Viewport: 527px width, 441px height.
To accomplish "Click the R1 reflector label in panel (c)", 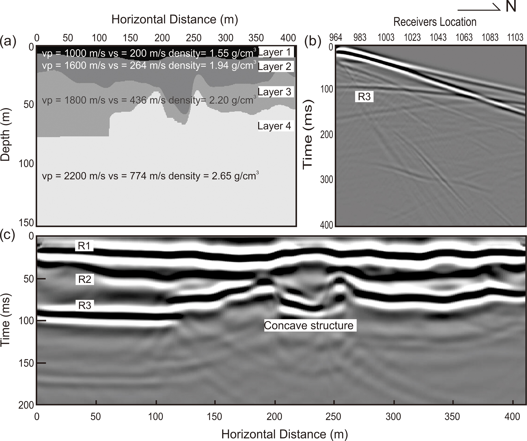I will click(x=84, y=246).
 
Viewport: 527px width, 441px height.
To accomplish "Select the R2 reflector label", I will click(x=85, y=279).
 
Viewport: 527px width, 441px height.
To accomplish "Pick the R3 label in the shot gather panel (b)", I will click(x=364, y=97).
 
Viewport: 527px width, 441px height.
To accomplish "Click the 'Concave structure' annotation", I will click(x=309, y=326).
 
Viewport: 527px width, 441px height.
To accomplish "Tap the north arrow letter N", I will click(x=511, y=7).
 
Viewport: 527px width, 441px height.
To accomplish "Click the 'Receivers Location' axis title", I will click(x=435, y=22).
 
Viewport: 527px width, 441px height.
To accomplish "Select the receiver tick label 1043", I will click(x=438, y=37).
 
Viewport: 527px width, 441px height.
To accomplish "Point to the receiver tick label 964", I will click(x=336, y=37).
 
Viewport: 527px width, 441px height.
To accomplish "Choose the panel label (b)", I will click(x=313, y=41).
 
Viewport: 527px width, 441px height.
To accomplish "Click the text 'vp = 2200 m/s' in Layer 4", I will click(x=74, y=176).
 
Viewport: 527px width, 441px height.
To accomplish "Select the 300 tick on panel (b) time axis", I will click(x=327, y=180).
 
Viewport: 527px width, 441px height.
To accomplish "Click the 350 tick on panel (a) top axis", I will click(x=256, y=38).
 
